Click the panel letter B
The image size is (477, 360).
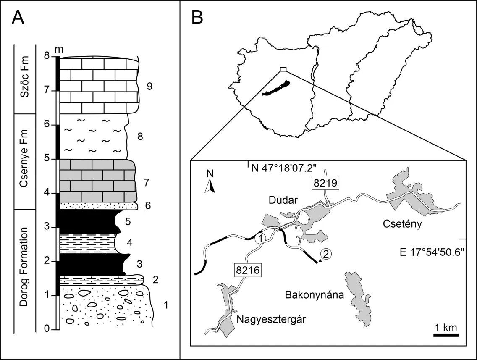click(x=198, y=17)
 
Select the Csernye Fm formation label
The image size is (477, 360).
click(x=25, y=162)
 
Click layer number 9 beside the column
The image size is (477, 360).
click(x=149, y=87)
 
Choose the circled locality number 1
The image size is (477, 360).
click(x=260, y=239)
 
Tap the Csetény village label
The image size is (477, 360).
click(x=400, y=224)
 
